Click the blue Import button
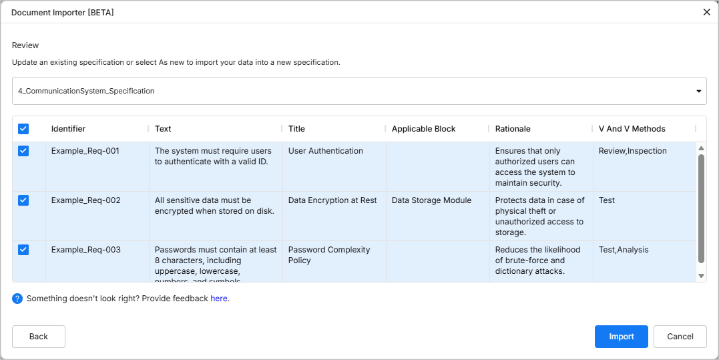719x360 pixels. [x=621, y=337]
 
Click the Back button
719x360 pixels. [x=39, y=337]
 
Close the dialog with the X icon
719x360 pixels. [x=706, y=12]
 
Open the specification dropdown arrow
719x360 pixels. [x=698, y=91]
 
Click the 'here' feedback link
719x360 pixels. [x=219, y=299]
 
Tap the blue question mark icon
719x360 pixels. [x=17, y=299]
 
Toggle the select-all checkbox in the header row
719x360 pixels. [x=23, y=129]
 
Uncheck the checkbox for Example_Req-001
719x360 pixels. [x=23, y=151]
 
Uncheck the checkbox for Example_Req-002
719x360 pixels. [x=23, y=200]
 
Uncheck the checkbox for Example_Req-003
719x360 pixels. [x=23, y=250]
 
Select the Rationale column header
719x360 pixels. [x=512, y=129]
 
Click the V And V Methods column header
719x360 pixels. [x=632, y=129]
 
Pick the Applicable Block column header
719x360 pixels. [x=423, y=129]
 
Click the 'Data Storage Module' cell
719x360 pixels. [x=431, y=200]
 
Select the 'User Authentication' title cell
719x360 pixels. [x=326, y=151]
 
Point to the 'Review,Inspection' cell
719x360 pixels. [x=632, y=151]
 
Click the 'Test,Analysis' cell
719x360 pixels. [x=624, y=250]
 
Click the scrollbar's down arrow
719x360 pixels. [x=701, y=276]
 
